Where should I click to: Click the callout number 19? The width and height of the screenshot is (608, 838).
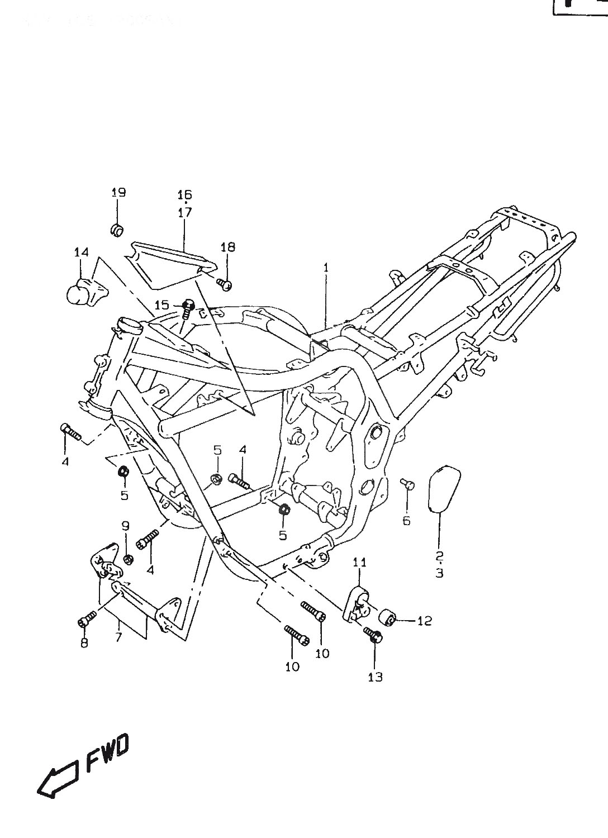tap(118, 193)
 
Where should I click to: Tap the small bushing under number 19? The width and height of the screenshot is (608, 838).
tap(117, 229)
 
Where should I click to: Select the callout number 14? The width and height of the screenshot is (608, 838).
tap(82, 253)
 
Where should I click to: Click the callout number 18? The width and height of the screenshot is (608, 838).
tap(228, 247)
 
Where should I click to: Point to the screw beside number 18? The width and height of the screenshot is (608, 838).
tap(225, 284)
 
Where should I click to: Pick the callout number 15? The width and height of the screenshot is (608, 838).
tap(161, 305)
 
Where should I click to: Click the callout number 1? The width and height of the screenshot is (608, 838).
tap(326, 268)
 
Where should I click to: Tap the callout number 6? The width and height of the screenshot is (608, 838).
tap(406, 521)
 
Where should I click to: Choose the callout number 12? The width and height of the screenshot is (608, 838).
tap(425, 621)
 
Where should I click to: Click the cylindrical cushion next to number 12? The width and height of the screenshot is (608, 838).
tap(389, 618)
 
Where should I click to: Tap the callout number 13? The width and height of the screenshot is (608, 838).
tap(376, 677)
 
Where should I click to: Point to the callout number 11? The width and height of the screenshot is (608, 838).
tap(360, 562)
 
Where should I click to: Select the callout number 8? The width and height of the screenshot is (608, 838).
tap(84, 643)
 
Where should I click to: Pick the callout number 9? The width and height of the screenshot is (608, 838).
tap(126, 526)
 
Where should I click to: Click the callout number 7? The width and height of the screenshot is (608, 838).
tap(118, 637)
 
